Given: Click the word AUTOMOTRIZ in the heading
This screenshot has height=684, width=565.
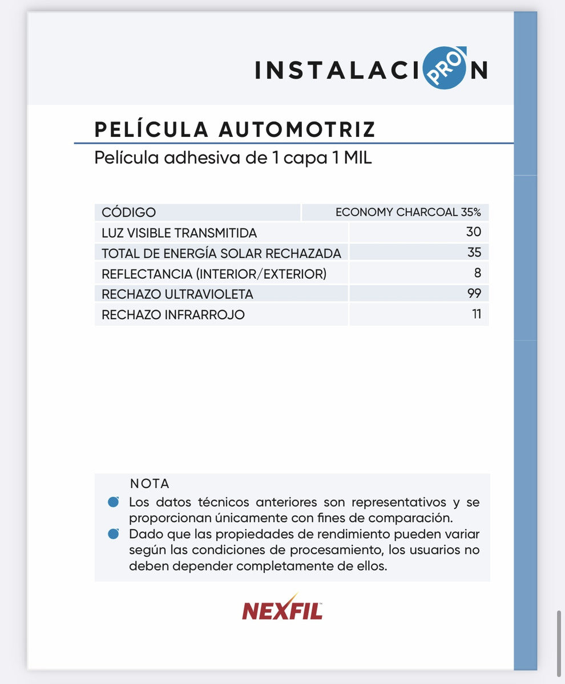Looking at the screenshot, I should tap(297, 129).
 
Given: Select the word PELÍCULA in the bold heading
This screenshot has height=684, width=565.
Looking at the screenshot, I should tap(152, 129).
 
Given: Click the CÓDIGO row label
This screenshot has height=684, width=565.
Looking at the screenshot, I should tap(128, 213).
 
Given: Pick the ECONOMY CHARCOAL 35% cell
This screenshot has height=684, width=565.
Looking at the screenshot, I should tap(408, 213).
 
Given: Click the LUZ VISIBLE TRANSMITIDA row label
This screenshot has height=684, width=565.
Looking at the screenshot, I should tap(179, 233).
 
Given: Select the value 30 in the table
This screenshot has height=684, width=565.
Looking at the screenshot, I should tap(473, 232).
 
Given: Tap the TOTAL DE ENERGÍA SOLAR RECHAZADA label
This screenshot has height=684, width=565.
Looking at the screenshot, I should tap(221, 253).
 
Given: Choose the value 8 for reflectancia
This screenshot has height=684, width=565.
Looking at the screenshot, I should tap(477, 273).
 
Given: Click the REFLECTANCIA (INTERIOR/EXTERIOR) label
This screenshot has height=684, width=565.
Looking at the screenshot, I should tap(214, 274).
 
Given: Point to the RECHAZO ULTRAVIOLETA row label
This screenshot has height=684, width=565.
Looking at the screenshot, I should tap(177, 294).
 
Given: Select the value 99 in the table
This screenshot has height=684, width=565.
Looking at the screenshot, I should tap(474, 294).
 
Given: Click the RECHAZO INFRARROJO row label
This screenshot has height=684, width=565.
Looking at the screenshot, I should tap(173, 315).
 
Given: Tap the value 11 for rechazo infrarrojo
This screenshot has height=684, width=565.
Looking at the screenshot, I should tap(476, 314).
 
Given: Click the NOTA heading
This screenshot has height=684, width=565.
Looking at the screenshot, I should tap(150, 484).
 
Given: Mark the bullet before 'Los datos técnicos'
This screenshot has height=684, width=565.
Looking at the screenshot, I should tap(114, 502).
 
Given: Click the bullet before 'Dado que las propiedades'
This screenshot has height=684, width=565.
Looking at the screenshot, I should tap(114, 534).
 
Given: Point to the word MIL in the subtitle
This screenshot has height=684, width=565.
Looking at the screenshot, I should tap(357, 157).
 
